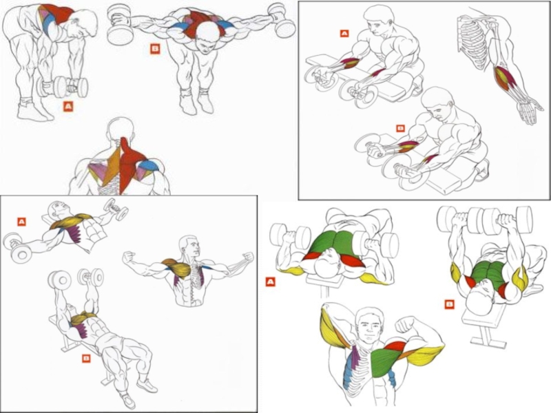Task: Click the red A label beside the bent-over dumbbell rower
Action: click(x=67, y=106)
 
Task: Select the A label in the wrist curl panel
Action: click(x=344, y=33)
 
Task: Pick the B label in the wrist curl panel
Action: click(x=399, y=127)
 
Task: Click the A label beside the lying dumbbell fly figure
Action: click(x=21, y=222)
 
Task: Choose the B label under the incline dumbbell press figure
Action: click(x=86, y=358)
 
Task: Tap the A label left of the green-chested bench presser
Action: click(x=270, y=282)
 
